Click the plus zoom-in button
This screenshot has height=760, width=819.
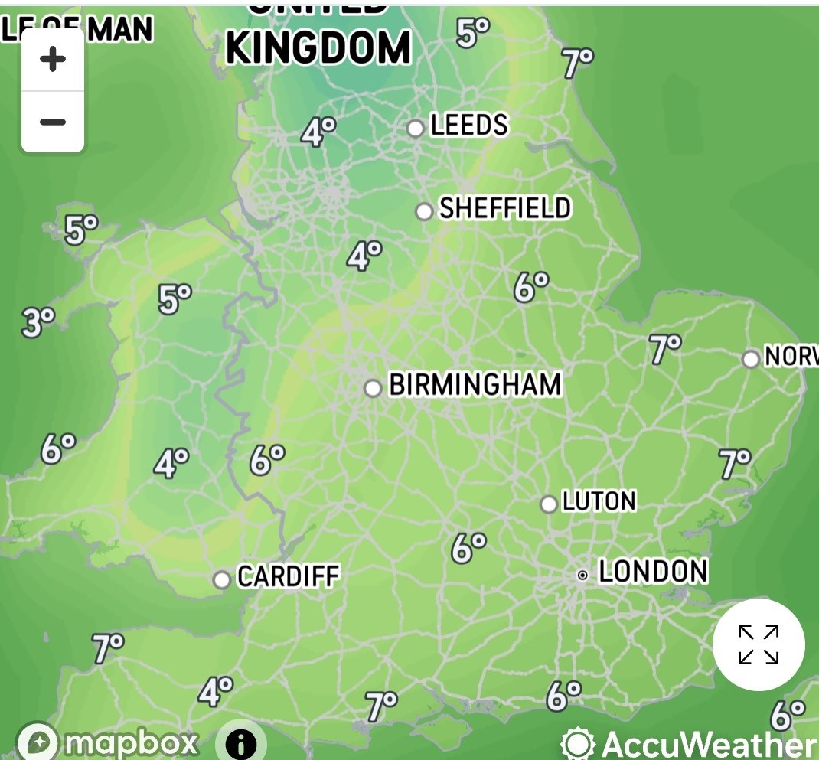click(x=52, y=60)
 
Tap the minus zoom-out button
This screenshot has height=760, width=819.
click(x=52, y=122)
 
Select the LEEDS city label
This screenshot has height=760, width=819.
click(x=469, y=125)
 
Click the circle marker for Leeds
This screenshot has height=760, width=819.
click(x=416, y=128)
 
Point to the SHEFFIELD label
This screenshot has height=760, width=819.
click(x=505, y=208)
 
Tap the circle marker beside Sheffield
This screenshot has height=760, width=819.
click(x=425, y=211)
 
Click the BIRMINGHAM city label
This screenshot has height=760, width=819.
click(x=475, y=384)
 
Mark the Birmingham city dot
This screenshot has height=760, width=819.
click(x=373, y=388)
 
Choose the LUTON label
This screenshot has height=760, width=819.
click(x=599, y=501)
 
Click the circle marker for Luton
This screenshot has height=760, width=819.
click(x=549, y=504)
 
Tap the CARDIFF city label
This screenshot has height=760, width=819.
click(x=288, y=576)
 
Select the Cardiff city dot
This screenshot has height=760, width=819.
click(x=222, y=579)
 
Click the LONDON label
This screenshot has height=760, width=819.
click(x=653, y=571)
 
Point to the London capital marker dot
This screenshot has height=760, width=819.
click(x=582, y=574)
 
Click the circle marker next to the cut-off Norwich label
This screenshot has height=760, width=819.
click(x=751, y=359)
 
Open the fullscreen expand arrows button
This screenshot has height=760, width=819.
click(x=759, y=644)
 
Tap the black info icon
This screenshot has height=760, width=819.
click(x=240, y=742)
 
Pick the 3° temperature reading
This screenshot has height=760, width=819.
click(x=37, y=322)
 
